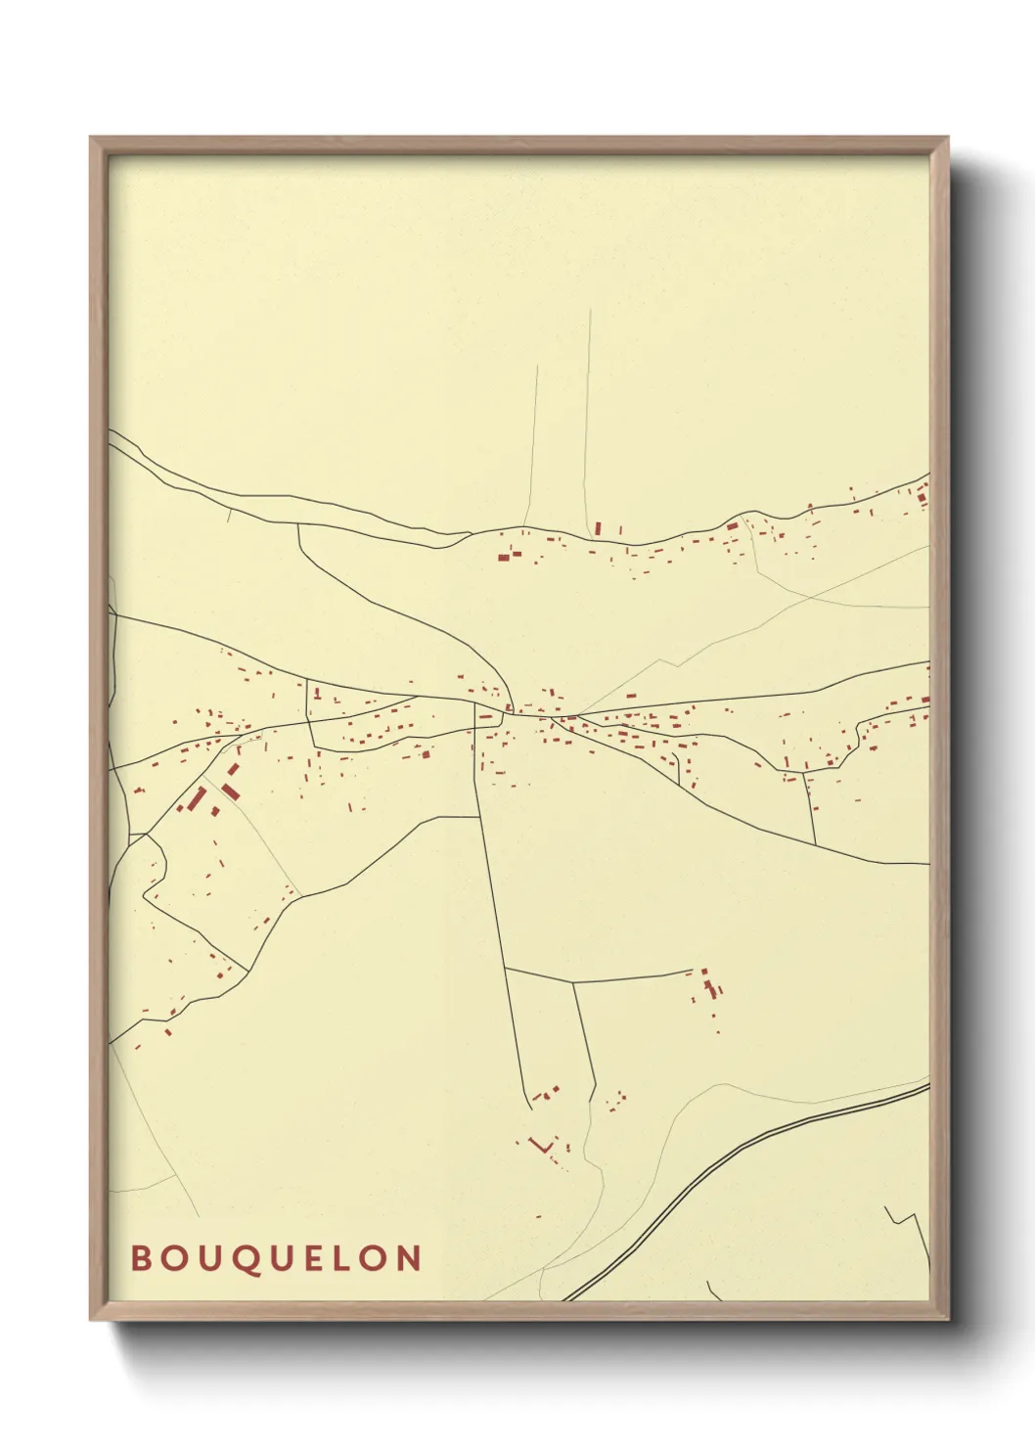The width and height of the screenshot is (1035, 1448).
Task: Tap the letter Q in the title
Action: [x=247, y=1259]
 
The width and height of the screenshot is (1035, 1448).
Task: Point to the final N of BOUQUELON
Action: [x=409, y=1258]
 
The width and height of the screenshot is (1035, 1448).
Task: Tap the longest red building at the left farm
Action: [x=197, y=799]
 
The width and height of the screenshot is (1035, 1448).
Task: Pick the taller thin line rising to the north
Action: [x=589, y=411]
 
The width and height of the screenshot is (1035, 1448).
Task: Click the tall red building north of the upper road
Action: [x=598, y=528]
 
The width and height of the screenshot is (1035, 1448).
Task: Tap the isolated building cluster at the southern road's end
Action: [x=709, y=986]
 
